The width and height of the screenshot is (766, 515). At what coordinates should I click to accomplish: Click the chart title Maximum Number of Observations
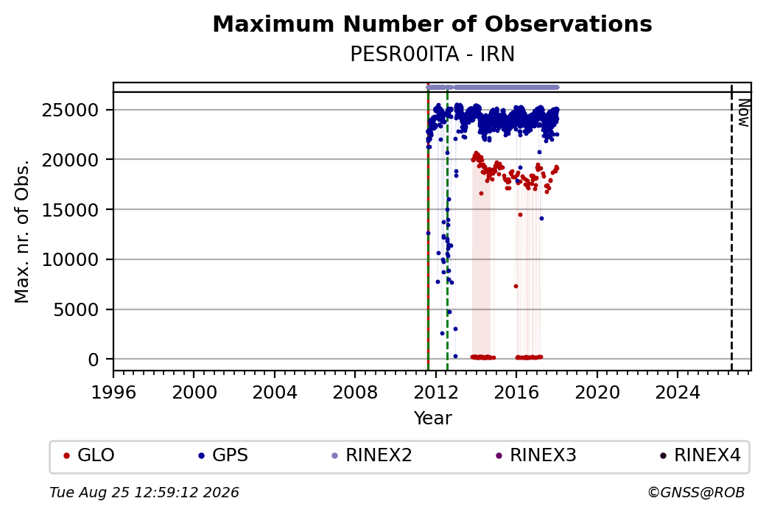pos(432,24)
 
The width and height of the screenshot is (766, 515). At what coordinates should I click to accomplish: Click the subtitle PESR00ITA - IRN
pos(432,55)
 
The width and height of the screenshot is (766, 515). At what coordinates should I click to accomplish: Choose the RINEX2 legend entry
pos(372,455)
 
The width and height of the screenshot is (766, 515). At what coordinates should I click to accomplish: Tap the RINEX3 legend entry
pos(536,455)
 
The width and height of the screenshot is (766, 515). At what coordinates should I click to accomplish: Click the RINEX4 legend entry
pos(700,455)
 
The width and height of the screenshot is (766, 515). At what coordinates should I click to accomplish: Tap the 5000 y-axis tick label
pos(76,309)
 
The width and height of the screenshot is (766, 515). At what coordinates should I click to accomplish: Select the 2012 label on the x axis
pos(435,393)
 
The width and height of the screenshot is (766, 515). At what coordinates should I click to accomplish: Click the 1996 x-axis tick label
pos(113,393)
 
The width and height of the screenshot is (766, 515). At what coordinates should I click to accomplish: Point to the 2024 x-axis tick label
pos(677,393)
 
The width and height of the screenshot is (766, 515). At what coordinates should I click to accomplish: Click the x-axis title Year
pos(433,418)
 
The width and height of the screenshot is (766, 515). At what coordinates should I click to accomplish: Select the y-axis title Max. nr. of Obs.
pos(22,231)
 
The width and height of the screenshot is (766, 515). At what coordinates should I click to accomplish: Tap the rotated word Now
pos(743,113)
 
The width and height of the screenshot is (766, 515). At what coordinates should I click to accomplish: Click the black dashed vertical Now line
pos(731,228)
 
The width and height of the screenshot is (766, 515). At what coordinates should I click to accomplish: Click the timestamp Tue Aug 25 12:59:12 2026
pos(144,492)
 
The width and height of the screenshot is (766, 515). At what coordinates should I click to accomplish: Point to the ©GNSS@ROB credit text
pos(696,492)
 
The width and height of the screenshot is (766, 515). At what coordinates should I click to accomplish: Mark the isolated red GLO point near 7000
pos(516,287)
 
